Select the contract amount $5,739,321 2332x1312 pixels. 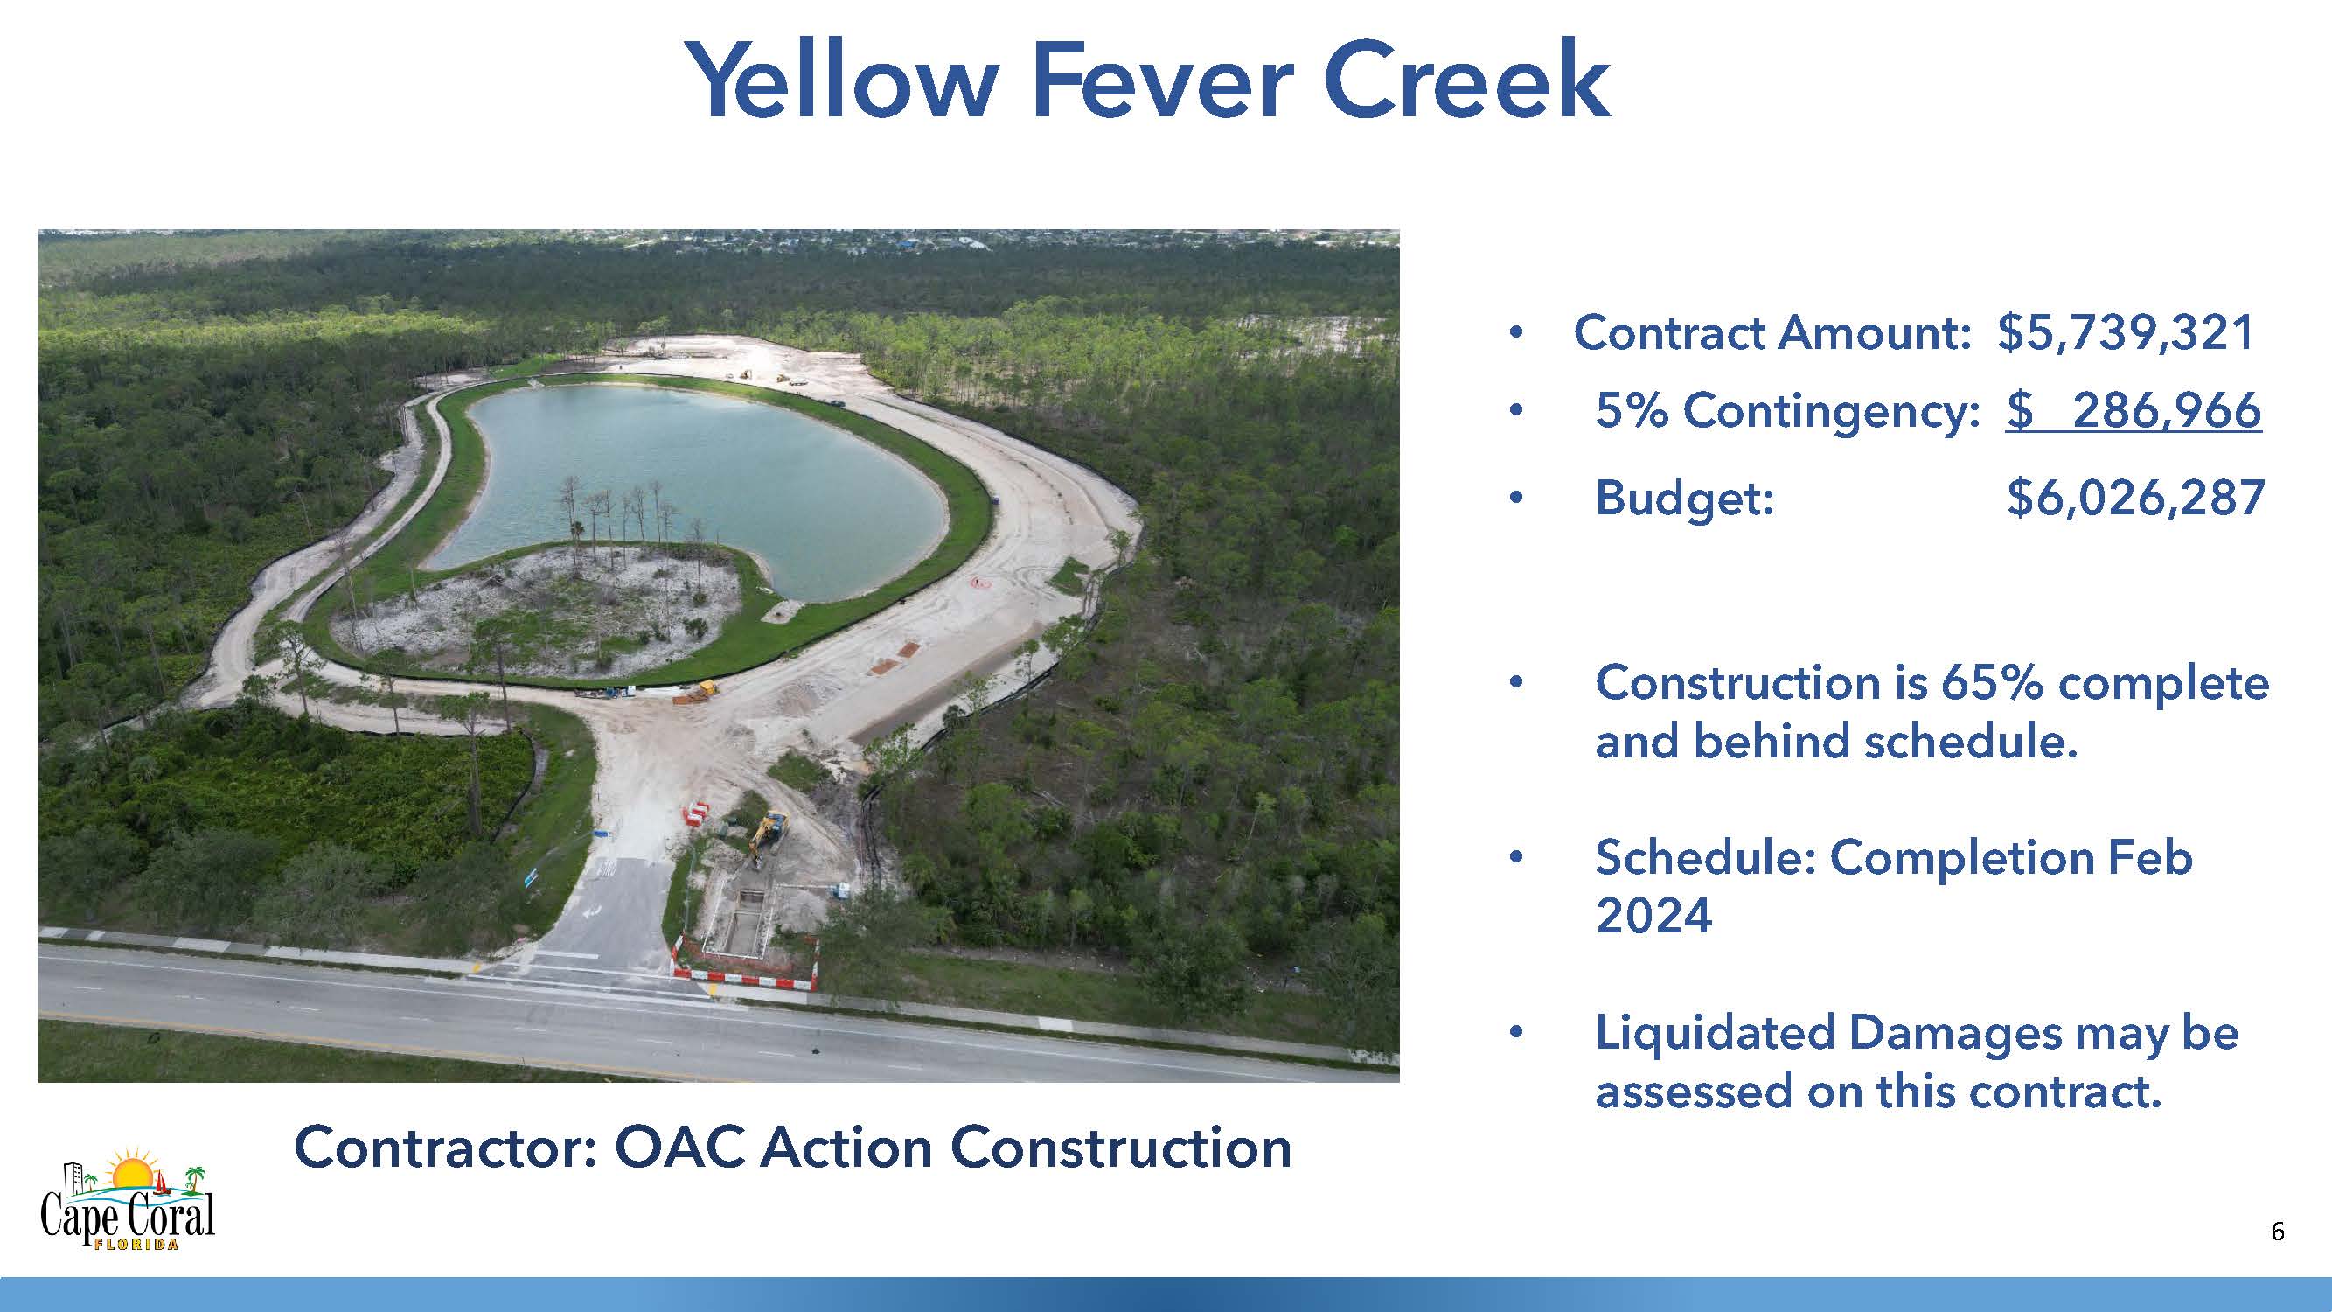pos(2126,332)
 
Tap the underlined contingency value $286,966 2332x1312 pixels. pos(2134,410)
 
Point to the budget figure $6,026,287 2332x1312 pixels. pos(2135,497)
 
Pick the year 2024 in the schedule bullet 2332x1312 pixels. pos(1654,916)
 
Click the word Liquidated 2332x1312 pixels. pos(1714,1034)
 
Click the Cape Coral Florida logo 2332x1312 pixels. pos(128,1200)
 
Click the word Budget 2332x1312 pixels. pos(1684,499)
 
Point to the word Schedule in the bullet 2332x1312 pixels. pos(1707,857)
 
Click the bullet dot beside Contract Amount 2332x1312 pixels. pos(1515,334)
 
